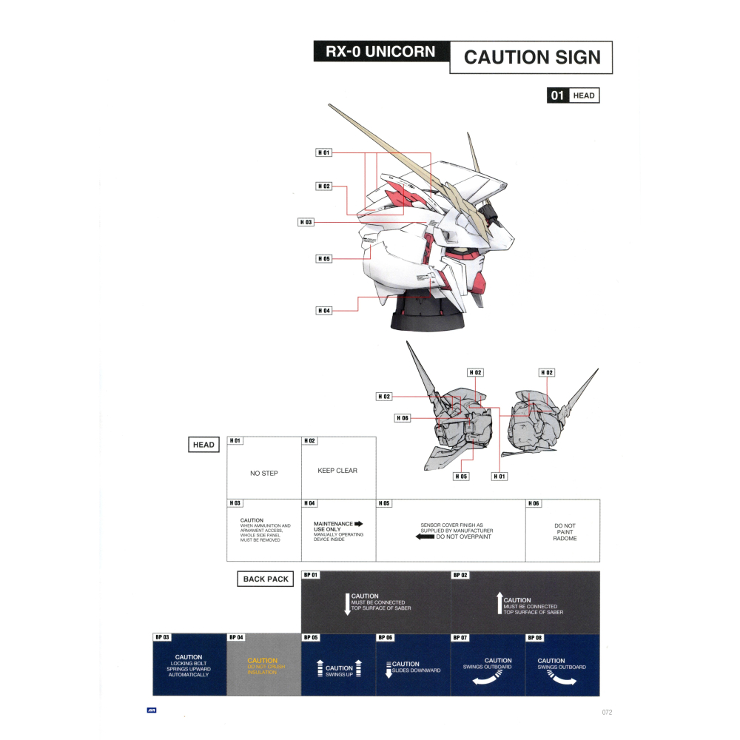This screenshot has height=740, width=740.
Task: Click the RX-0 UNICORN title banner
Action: coord(380,53)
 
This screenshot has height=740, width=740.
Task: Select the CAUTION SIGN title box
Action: coord(531,57)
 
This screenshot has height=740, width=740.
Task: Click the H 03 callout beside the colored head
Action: coord(306,222)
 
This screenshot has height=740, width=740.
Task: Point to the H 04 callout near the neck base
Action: coord(323,311)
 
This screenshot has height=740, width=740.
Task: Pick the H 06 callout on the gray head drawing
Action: coord(402,418)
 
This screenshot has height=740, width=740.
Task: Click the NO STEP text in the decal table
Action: coord(264,473)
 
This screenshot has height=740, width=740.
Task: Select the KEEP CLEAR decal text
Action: coord(337,471)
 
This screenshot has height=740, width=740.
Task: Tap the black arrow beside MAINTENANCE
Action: coord(359,524)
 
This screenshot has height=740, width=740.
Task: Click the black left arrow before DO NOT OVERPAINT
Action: coord(425,536)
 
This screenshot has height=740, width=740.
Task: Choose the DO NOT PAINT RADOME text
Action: coord(565,532)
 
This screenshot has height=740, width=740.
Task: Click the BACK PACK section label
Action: coord(266,579)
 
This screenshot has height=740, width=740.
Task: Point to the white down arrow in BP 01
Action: coord(347,603)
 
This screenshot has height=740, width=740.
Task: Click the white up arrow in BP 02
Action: coord(499,604)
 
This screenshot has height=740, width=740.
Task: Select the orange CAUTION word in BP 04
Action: coord(263,661)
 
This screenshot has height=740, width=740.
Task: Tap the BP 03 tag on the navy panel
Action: coord(162,637)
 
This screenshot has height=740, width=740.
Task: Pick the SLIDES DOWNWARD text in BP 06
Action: coord(417,670)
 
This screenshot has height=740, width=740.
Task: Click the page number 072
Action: coord(606,713)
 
